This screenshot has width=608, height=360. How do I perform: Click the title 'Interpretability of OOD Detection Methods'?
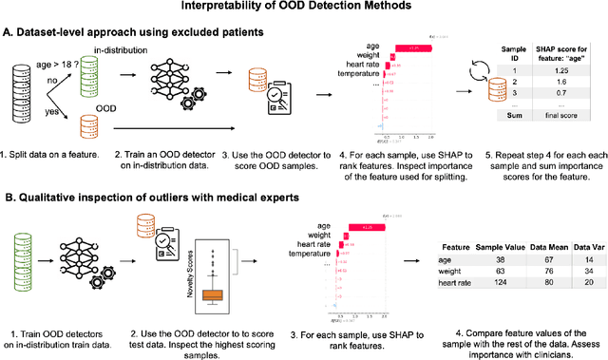click(303, 9)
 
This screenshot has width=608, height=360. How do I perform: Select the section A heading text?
click(152, 32)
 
